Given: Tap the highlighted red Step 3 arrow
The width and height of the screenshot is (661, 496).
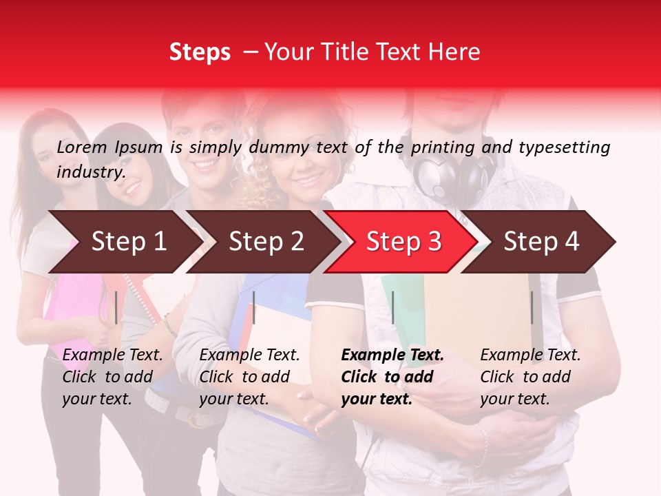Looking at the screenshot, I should click(403, 242).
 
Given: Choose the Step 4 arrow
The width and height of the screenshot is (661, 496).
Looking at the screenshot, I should click(541, 242).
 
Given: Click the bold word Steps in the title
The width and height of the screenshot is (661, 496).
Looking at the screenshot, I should click(200, 52).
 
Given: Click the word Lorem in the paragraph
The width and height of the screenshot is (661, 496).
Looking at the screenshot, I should click(81, 147).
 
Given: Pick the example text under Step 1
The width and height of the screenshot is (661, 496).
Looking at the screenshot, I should click(112, 377).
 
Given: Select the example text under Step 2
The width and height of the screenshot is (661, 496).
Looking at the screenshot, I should click(249, 377).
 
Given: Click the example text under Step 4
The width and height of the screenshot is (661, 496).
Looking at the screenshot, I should click(530, 377).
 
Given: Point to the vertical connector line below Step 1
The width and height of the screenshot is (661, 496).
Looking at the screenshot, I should click(116, 307).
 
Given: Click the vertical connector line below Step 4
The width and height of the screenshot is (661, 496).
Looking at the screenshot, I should click(532, 307).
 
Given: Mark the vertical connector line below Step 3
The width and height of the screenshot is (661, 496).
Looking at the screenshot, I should click(393, 307).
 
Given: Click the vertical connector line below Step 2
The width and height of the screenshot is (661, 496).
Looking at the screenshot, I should click(254, 307).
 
